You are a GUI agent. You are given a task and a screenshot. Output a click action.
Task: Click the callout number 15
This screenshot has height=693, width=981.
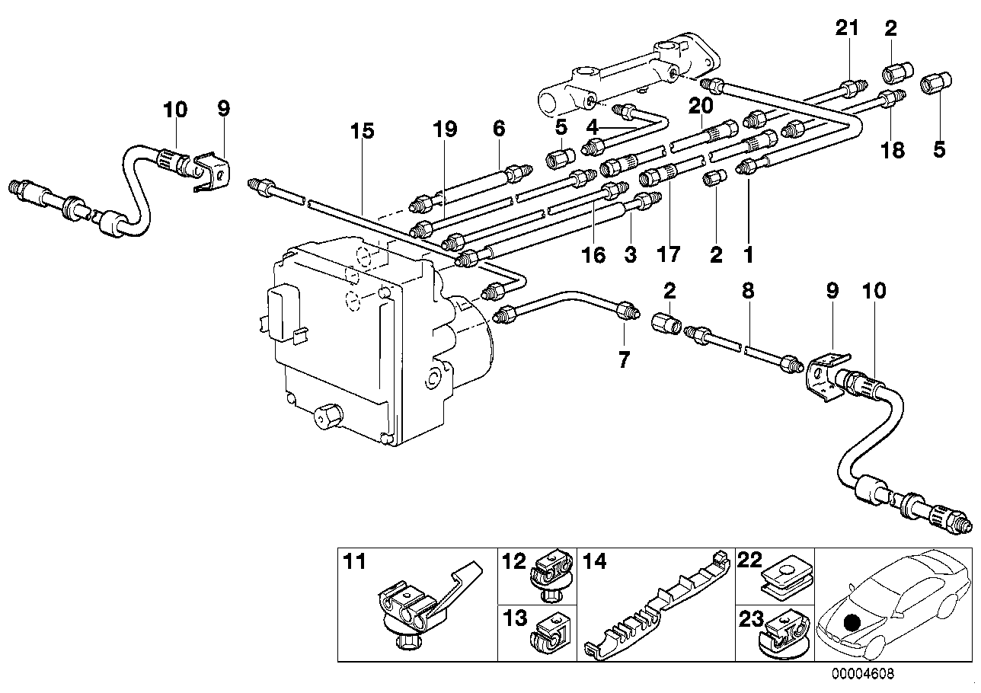pos(363,131)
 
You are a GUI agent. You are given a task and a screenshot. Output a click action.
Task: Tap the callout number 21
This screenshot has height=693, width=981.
pos(847,29)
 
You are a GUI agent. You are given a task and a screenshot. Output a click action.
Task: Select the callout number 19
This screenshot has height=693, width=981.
pos(446,129)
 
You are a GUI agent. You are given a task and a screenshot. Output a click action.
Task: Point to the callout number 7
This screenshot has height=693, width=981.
pos(625,359)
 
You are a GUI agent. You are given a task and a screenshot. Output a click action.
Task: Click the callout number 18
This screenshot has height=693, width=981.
pos(892,150)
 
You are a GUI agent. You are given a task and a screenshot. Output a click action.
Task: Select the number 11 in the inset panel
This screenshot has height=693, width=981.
pos(354,562)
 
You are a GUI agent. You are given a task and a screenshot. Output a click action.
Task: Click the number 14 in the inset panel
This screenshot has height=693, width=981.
pos(596,562)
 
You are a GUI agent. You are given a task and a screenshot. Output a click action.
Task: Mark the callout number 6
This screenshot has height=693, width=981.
pos(499,129)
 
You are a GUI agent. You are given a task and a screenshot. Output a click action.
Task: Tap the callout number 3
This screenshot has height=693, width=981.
pos(630,255)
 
